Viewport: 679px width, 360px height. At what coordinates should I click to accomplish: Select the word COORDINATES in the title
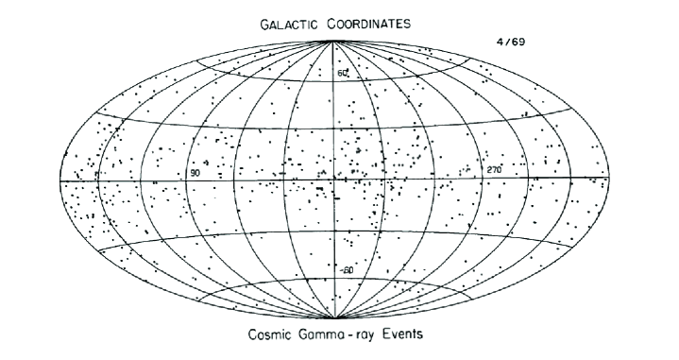pyautogui.click(x=371, y=26)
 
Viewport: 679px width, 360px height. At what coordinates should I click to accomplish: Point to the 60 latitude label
pyautogui.click(x=344, y=74)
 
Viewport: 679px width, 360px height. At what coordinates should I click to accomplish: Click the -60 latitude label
pyautogui.click(x=346, y=270)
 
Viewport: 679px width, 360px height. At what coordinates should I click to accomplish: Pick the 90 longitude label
pyautogui.click(x=195, y=174)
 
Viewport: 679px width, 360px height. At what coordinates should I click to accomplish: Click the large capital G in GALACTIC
pyautogui.click(x=263, y=26)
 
